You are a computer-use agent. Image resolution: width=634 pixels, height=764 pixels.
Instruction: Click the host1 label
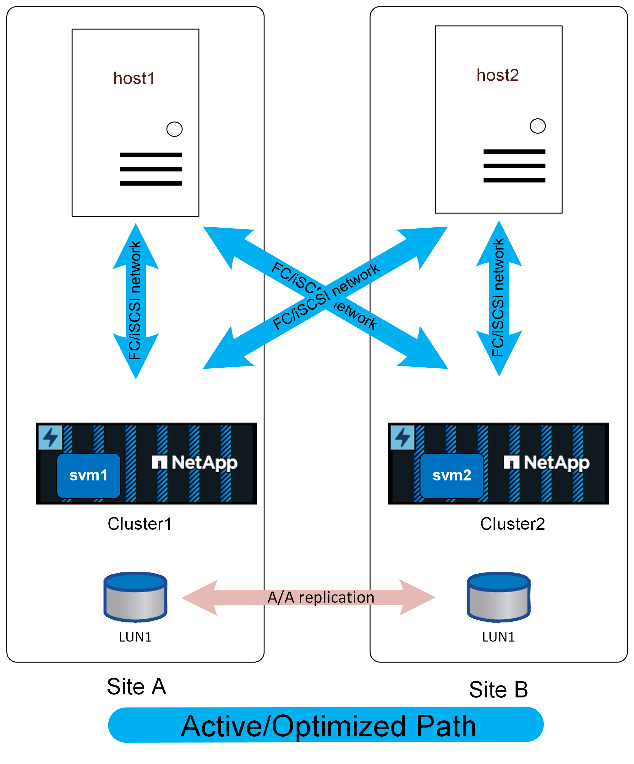pos(134,79)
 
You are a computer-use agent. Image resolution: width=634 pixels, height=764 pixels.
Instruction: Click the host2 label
pos(498,75)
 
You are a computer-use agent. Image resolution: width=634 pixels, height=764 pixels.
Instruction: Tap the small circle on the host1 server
pos(174,129)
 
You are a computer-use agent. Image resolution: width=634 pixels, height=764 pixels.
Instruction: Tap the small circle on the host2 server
pos(538,126)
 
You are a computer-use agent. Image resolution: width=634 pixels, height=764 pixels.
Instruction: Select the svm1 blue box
pos(89,475)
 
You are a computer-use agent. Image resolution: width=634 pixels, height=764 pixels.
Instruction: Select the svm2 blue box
pos(452,475)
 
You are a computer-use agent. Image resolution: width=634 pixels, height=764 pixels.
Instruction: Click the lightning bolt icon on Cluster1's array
pos(50,437)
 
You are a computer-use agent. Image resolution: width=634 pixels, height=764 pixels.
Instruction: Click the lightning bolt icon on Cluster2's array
pos(402,437)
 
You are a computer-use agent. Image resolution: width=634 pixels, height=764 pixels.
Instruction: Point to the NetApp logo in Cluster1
pos(195,463)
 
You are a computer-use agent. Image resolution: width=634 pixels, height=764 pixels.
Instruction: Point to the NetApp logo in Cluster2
pos(547,463)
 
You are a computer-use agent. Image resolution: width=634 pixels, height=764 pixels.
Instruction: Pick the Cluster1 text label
pos(139,524)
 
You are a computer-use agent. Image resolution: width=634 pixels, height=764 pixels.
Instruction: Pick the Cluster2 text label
pos(512,524)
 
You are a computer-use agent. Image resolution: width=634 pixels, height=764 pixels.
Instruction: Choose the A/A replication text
pos(321,597)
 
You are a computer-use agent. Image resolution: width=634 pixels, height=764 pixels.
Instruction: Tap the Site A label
pos(136,687)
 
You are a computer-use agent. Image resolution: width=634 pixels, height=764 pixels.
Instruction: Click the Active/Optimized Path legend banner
pos(326,725)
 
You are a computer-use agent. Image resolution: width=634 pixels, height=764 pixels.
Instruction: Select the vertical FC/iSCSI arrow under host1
pos(136,301)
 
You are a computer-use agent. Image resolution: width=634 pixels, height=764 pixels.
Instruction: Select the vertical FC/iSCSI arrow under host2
pos(499,298)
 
